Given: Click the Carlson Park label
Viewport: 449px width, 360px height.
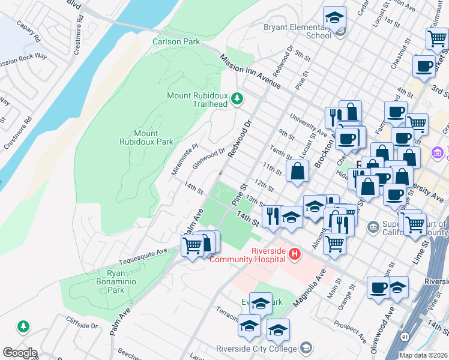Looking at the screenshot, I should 176,42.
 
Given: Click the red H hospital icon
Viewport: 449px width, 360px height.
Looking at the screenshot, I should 294,254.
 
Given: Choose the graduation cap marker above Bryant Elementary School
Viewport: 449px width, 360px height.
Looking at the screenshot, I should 334,18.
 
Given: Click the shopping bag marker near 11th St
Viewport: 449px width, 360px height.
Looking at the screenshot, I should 297,171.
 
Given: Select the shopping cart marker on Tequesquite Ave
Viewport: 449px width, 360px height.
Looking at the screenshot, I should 192,246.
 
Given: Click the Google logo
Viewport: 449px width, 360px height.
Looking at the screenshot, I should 20,353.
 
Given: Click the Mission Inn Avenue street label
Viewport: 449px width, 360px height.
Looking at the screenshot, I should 250,71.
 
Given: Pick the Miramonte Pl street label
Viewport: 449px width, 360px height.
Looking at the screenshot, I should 184,159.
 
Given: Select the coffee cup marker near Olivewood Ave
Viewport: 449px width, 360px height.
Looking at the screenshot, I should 378,287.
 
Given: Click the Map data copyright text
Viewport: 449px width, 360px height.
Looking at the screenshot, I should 423,355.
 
